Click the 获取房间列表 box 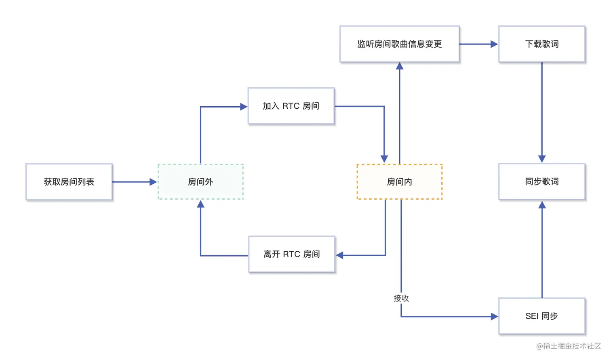point(69,182)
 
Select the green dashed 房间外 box point(200,182)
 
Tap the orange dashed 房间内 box point(400,182)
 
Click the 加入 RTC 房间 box point(291,106)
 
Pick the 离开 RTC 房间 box point(292,254)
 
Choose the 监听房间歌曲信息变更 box point(400,44)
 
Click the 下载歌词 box point(542,44)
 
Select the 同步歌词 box point(542,181)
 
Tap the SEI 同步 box point(542,316)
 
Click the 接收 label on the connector point(401,298)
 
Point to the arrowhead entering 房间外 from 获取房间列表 point(153,182)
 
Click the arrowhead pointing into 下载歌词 point(494,44)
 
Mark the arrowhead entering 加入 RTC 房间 point(244,107)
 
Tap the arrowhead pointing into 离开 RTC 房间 point(340,255)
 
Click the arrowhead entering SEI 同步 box point(494,317)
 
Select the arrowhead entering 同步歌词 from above point(542,159)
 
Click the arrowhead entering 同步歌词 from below point(542,205)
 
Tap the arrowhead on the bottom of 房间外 point(200,204)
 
